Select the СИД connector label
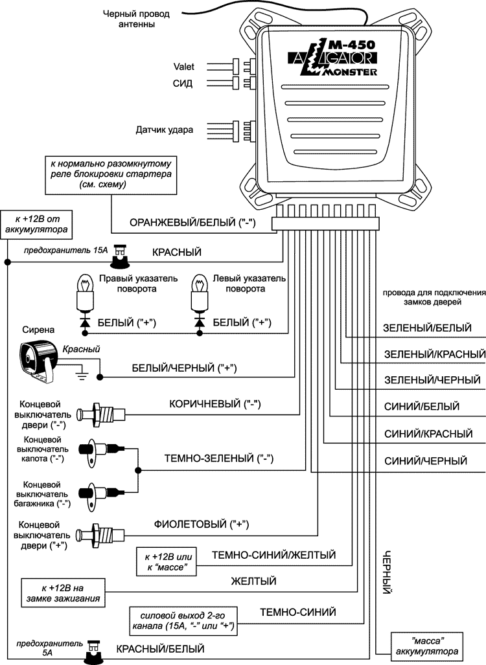183,84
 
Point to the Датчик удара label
164,130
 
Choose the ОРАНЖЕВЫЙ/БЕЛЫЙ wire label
192,223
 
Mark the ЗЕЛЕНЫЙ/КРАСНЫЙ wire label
435,355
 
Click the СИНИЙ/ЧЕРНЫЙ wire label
426,462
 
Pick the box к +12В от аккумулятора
36,224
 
